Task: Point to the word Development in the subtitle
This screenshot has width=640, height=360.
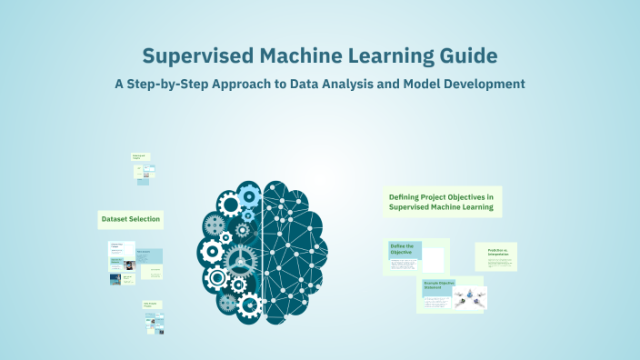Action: tap(481, 84)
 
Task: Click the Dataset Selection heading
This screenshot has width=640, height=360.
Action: tap(130, 219)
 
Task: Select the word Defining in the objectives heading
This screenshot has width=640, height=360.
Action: tap(407, 196)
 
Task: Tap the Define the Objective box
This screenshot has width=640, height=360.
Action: tap(405, 250)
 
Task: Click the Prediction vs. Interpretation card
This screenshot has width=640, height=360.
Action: tap(495, 255)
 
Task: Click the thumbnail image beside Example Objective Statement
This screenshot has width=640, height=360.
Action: tap(470, 296)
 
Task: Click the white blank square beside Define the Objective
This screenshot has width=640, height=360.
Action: tap(434, 259)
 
